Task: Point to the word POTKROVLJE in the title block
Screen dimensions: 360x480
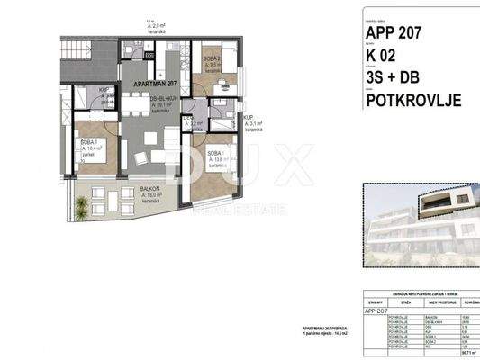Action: point(413,100)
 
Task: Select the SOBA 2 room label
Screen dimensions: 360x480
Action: point(210,58)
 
